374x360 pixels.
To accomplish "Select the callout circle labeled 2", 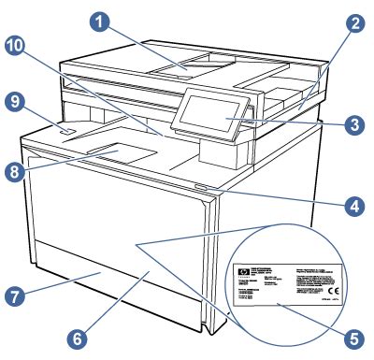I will pos(353,27).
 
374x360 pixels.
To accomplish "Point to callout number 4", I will pos(353,201).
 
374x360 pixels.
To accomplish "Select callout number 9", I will pos(16,104).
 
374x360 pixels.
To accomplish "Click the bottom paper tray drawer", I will pos(112,281).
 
